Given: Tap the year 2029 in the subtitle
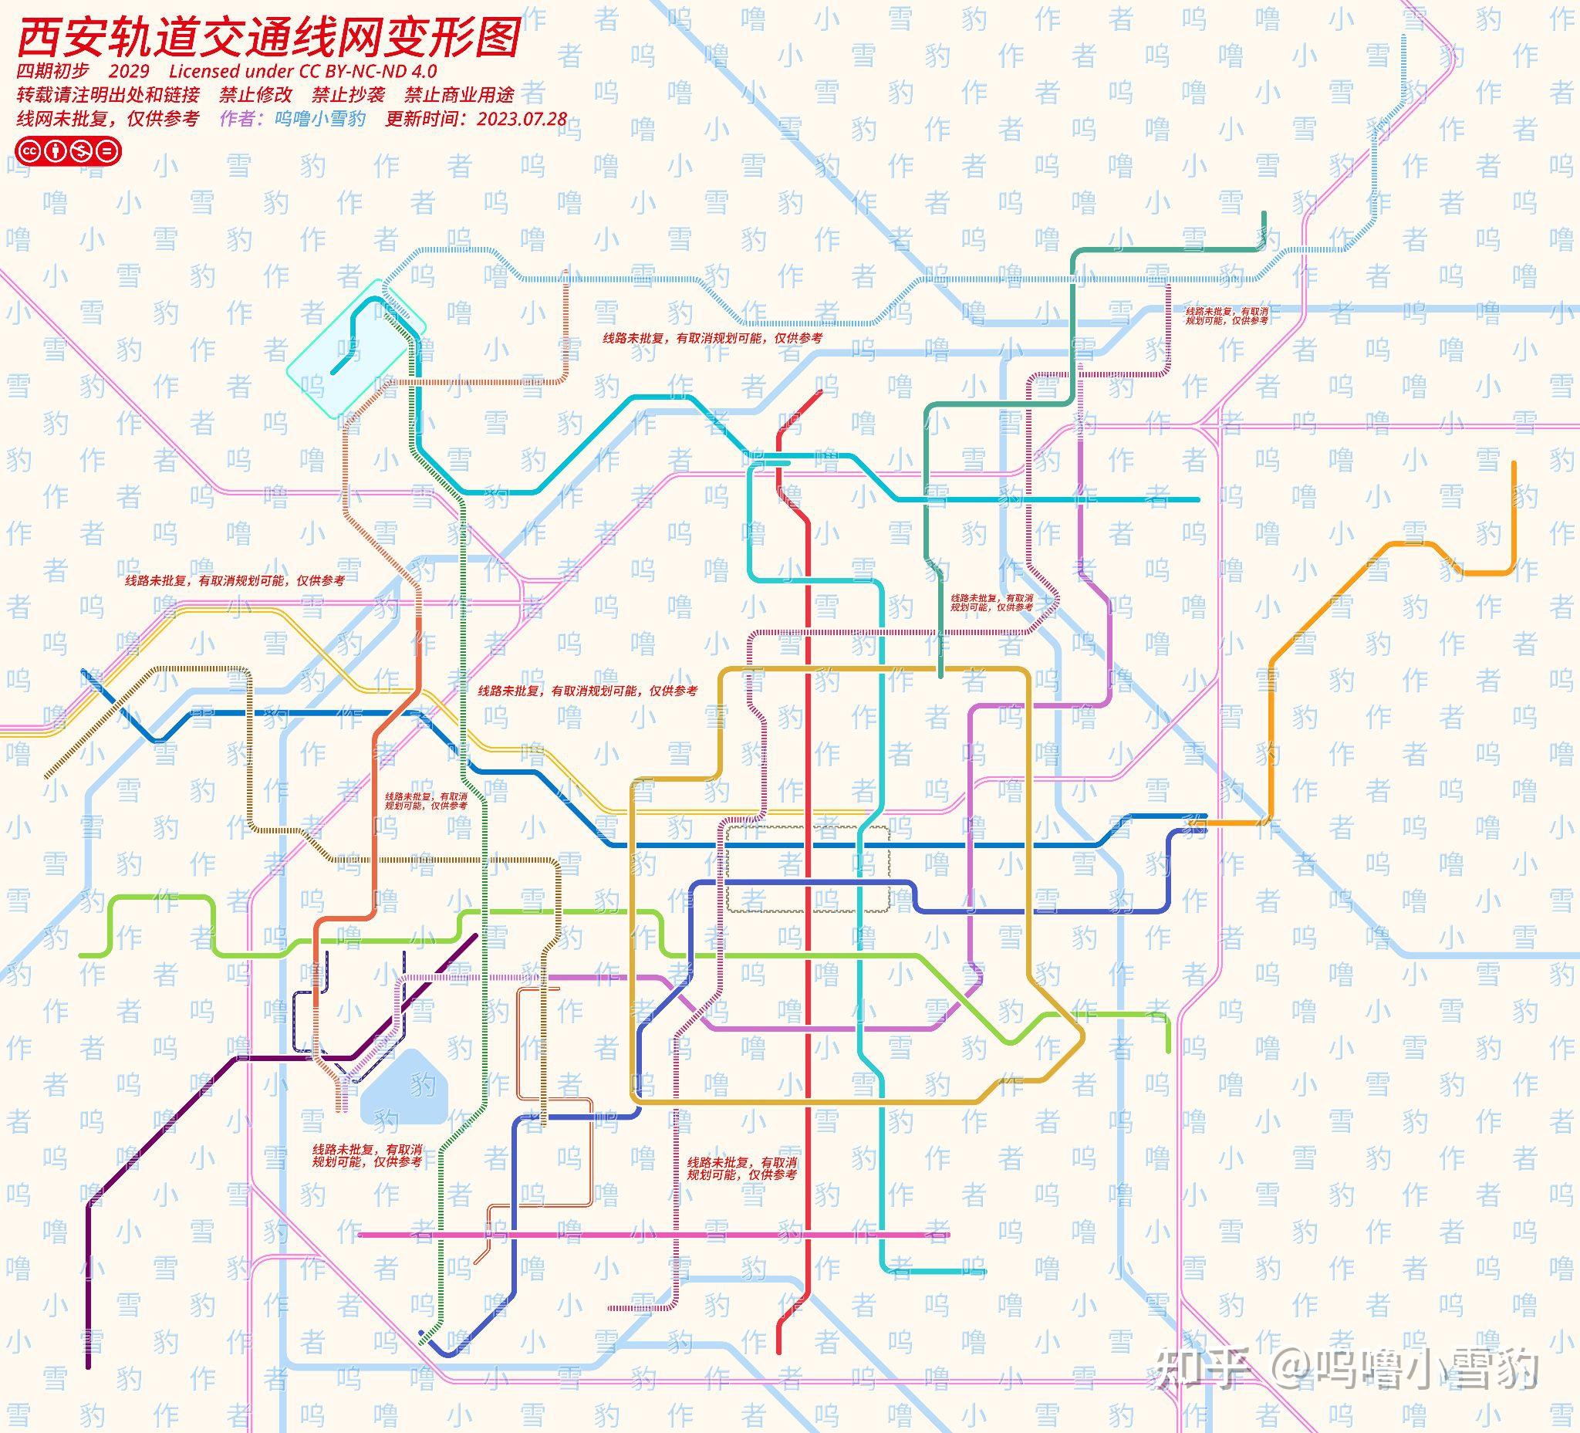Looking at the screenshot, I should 130,70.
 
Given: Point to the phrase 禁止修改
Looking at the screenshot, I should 255,95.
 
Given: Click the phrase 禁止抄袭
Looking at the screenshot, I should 348,95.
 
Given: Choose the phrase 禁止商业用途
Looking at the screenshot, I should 459,95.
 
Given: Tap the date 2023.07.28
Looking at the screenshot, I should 522,119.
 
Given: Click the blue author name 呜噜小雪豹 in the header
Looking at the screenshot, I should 319,119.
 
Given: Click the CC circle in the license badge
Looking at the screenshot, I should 30,150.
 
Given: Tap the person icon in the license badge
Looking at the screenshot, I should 55,150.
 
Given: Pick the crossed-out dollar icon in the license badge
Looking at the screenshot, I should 81,150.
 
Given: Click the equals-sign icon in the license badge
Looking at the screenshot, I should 107,150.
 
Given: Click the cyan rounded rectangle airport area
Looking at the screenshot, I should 356,345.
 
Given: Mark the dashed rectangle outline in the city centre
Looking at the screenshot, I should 807,868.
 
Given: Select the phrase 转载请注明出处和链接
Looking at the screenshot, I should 108,95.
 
